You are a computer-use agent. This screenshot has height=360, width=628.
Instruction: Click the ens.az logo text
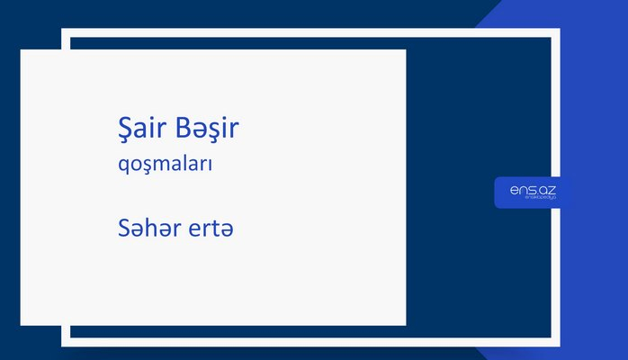tap(532, 187)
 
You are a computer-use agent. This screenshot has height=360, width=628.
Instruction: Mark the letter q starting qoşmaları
tap(112, 167)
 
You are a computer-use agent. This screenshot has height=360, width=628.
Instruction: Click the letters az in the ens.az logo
tap(546, 187)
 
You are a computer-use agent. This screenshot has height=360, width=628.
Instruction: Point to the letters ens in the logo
tap(521, 187)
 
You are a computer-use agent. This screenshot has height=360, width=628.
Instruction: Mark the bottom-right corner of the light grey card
tap(405, 324)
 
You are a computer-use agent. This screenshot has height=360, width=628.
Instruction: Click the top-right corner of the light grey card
tap(405, 50)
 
